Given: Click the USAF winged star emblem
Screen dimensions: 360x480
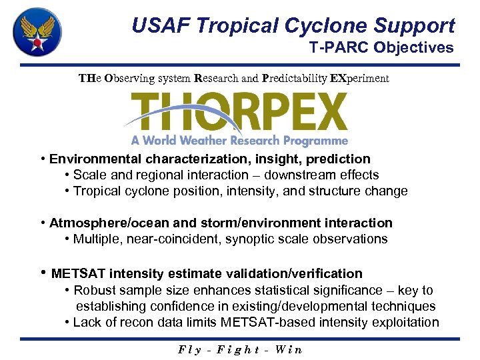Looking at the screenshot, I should coord(37,33).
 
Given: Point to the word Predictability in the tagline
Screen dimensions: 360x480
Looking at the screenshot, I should coord(295,78).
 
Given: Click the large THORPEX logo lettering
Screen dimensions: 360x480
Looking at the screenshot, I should coord(240,112).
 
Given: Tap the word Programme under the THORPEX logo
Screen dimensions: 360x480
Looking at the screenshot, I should coord(313,141).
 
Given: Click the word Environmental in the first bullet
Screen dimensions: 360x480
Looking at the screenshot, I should coord(95,159).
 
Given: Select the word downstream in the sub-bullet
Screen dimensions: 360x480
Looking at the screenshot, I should coord(303,175).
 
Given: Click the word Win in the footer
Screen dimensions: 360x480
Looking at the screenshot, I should coord(288,349).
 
